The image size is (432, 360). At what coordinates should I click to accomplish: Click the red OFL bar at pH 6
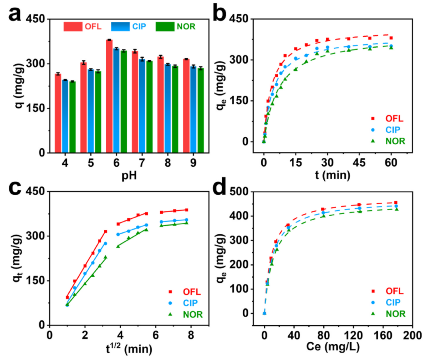(x=109, y=96)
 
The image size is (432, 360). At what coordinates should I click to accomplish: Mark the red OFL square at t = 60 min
(x=391, y=38)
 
